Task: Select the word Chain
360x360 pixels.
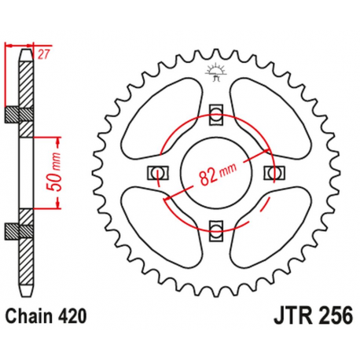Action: [x=29, y=316]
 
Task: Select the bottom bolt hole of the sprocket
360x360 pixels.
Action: [x=217, y=229]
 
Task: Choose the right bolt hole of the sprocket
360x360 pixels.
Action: [x=274, y=172]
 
